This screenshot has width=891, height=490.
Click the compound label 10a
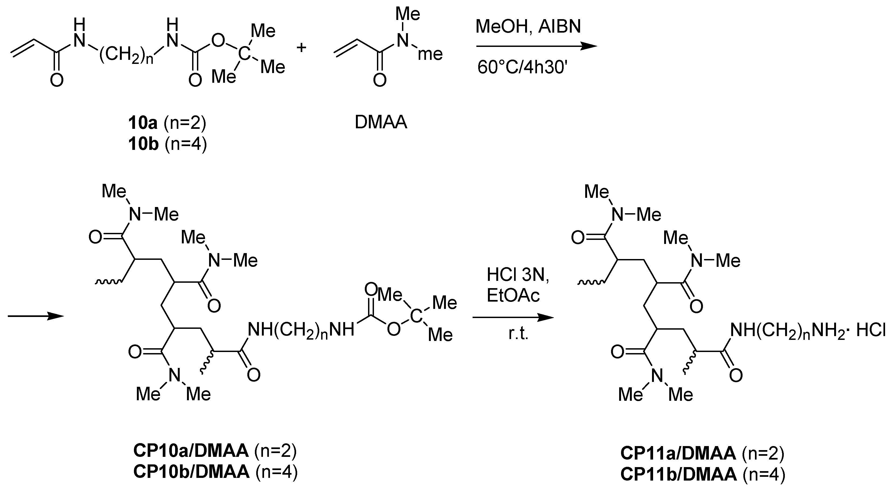pos(143,123)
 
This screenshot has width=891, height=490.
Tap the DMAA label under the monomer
pos(381,122)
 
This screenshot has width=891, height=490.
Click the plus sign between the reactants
pos(301,48)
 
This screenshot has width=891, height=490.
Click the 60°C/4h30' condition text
pos(522,67)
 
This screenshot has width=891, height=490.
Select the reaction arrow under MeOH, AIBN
pos(536,46)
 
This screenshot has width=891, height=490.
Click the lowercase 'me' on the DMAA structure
pos(430,54)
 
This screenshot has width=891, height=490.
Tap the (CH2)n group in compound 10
pos(126,55)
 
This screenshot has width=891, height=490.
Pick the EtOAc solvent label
pos(513,296)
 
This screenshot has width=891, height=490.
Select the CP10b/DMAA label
pos(191,471)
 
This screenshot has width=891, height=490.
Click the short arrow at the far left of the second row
pos(36,316)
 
